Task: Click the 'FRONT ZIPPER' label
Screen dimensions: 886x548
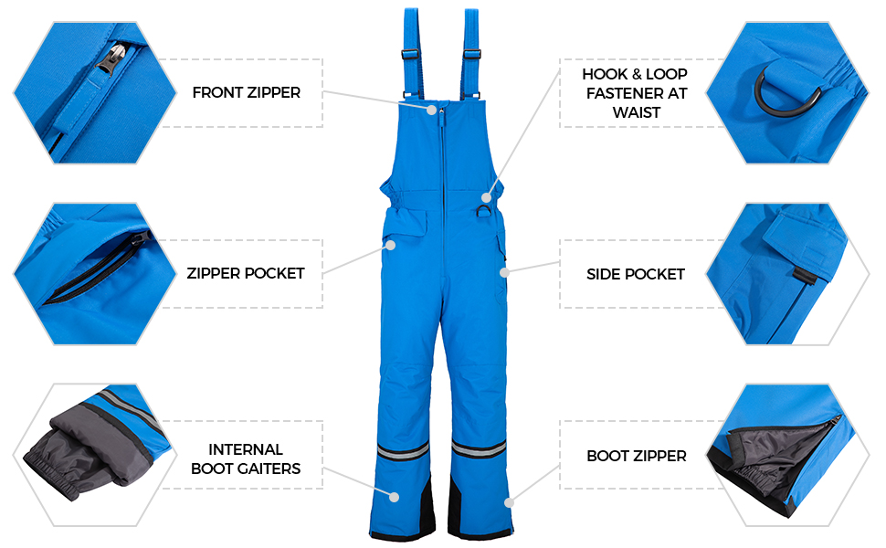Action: (x=246, y=92)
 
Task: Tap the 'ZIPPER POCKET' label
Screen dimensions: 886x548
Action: (x=245, y=273)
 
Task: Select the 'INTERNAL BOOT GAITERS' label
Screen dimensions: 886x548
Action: (x=245, y=459)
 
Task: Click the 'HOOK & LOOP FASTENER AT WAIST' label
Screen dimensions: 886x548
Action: (x=634, y=92)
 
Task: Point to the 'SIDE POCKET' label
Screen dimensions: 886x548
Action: (x=635, y=274)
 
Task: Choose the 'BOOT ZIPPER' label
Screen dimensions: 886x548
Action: (x=636, y=456)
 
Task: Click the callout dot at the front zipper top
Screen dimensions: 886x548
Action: (x=433, y=110)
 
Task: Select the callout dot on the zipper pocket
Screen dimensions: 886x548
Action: (x=389, y=245)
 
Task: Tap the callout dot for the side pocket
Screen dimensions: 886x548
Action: (x=503, y=270)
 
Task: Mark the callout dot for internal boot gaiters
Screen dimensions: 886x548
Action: (x=396, y=498)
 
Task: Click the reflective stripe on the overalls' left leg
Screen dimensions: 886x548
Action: (x=402, y=449)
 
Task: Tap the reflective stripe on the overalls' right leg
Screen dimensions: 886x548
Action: (x=479, y=448)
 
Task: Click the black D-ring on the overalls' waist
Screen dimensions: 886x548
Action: (x=483, y=211)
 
